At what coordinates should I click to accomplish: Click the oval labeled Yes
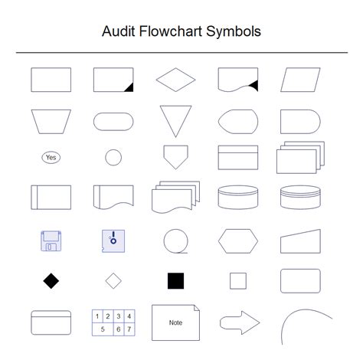point(51,158)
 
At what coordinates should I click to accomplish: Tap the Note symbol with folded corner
point(175,322)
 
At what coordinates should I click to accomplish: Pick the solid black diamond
point(51,281)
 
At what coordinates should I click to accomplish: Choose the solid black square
point(175,281)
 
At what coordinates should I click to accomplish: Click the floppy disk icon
point(51,241)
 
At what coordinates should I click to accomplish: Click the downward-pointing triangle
point(175,119)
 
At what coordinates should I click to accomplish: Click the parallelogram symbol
point(300,79)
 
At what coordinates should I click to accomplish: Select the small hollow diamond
point(113,281)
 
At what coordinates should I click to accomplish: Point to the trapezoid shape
point(51,120)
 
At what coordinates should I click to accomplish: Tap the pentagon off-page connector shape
point(175,156)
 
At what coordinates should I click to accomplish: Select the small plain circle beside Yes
point(113,158)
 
